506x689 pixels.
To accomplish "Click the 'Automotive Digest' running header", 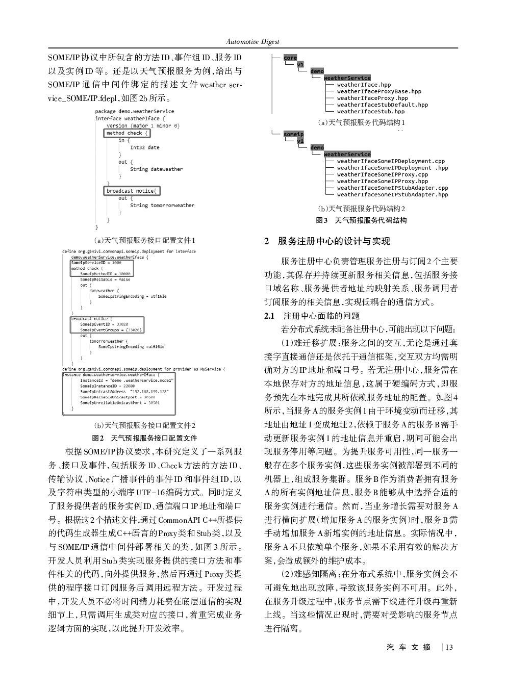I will click(252, 41).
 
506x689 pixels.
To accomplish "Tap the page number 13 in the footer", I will click(449, 647).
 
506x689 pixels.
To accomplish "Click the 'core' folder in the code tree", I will click(290, 58).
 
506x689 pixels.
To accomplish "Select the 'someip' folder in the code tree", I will click(293, 134).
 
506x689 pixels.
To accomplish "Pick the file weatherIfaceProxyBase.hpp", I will click(379, 92).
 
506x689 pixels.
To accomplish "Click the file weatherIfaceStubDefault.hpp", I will click(382, 105).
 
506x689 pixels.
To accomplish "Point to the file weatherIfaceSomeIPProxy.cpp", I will click(382, 174).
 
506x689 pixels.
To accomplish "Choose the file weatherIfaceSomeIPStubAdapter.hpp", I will click(392, 194).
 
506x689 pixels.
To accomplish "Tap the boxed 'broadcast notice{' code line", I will click(132, 191).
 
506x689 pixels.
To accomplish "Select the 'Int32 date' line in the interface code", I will click(144, 148).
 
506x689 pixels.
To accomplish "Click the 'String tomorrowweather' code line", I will click(162, 206).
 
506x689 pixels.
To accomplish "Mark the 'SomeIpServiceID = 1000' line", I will click(96, 263).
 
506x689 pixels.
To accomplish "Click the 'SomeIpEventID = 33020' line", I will click(104, 324).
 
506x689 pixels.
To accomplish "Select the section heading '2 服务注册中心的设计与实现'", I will click(327, 241).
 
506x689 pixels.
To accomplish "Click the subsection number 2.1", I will click(269, 316).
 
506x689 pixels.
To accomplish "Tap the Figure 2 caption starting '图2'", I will click(144, 438).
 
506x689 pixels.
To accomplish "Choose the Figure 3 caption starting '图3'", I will click(361, 220).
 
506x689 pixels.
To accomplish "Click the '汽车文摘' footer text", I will click(409, 647).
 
